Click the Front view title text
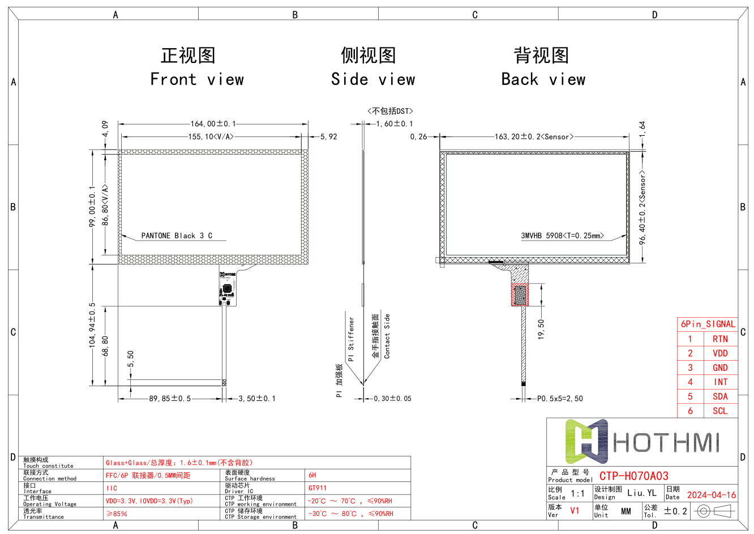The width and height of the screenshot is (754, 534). (196, 79)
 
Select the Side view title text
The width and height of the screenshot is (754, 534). (372, 79)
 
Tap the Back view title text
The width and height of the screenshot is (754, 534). (543, 79)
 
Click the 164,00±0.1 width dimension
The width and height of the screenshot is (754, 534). (213, 123)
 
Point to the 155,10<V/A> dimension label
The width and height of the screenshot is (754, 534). (211, 136)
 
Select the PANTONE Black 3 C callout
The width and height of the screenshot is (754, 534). (177, 236)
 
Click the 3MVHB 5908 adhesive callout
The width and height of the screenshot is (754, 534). (562, 236)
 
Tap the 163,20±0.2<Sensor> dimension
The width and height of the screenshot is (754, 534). (534, 136)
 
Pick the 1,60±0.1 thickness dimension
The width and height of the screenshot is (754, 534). (395, 123)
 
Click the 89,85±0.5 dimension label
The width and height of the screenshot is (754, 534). (170, 399)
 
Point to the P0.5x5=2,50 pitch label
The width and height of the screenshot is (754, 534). (560, 399)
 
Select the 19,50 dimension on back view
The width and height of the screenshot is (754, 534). (541, 328)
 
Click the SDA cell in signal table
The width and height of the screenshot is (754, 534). (720, 396)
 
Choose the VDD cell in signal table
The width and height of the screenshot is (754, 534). (720, 353)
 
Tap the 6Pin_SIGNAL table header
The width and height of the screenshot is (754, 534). (708, 324)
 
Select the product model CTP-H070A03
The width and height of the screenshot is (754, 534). (634, 476)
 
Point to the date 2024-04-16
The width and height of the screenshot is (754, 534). (712, 495)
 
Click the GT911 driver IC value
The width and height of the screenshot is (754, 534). (318, 488)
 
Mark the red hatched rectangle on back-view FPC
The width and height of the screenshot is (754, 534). (520, 295)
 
